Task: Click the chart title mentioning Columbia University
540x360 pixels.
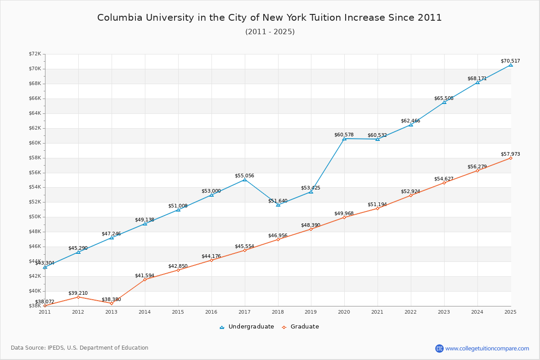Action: [x=270, y=18]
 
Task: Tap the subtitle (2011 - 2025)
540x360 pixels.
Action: [x=270, y=32]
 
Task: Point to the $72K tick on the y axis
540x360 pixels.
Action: [x=35, y=54]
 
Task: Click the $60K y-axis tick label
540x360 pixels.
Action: [x=35, y=143]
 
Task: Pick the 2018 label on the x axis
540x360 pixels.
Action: [x=278, y=311]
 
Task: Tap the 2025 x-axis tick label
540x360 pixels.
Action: [x=510, y=311]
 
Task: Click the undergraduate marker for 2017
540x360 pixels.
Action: [x=245, y=180]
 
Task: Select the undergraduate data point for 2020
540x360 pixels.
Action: [x=344, y=139]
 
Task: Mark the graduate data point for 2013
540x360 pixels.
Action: [x=112, y=303]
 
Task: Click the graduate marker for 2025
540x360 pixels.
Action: [x=511, y=158]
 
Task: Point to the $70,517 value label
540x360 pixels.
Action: [x=510, y=61]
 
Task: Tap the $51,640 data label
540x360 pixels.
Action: [x=278, y=201]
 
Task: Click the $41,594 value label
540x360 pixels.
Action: [x=144, y=275]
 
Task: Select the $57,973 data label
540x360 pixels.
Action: [x=510, y=154]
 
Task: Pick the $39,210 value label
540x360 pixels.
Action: [x=78, y=293]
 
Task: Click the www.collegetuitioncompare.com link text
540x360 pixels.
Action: [x=487, y=348]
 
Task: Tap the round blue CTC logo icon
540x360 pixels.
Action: [x=439, y=348]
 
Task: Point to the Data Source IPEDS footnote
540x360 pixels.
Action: [x=80, y=348]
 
